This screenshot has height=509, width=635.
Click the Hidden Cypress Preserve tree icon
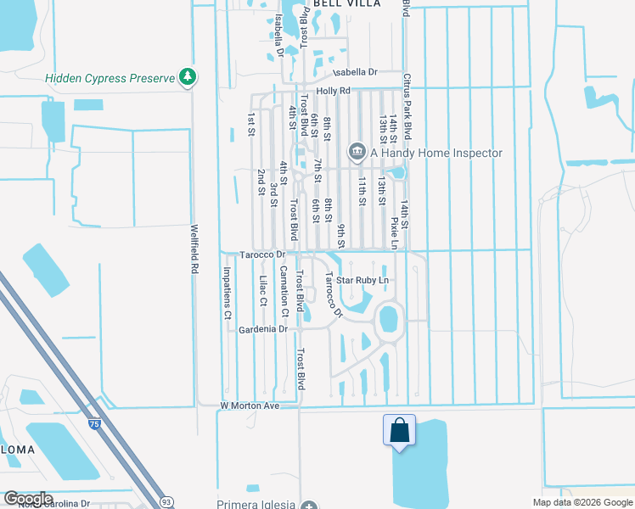click(188, 78)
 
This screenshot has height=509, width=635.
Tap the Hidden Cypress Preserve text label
click(110, 79)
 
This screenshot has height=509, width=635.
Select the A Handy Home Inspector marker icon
click(356, 153)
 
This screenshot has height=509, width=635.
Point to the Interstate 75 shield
click(92, 422)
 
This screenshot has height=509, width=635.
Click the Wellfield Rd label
click(194, 248)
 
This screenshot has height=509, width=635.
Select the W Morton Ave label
click(250, 406)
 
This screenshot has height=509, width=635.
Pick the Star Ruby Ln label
click(362, 280)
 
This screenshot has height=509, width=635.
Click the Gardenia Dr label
click(264, 329)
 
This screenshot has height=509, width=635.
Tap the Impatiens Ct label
click(228, 293)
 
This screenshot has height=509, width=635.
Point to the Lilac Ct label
click(263, 290)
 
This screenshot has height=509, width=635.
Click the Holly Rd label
click(333, 91)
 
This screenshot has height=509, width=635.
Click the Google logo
click(27, 499)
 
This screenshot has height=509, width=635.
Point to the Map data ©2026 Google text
click(582, 502)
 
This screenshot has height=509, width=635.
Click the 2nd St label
click(261, 182)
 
